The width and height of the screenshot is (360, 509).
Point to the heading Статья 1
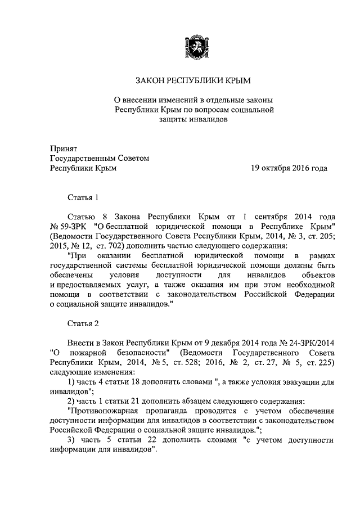[x=83, y=197]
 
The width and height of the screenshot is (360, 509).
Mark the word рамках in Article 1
[x=321, y=255]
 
